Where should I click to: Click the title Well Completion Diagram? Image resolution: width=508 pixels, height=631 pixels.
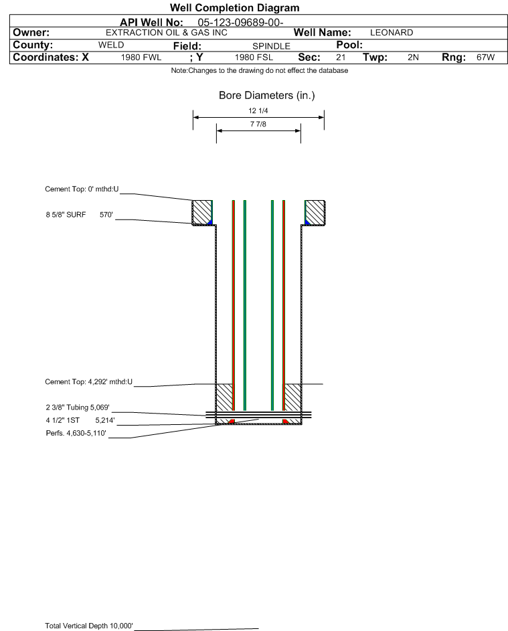235,7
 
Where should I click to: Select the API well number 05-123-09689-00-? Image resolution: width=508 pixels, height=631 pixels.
240,22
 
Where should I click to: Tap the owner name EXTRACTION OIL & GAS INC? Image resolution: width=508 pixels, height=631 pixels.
167,33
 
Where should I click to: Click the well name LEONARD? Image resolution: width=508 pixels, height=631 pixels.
392,33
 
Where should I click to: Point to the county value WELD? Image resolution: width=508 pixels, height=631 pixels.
111,45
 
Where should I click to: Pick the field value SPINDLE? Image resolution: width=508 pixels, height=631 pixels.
271,46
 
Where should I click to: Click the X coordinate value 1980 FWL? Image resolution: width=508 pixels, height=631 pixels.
141,58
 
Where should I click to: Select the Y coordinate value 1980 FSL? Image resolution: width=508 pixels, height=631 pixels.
254,58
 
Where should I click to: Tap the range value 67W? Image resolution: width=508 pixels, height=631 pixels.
485,58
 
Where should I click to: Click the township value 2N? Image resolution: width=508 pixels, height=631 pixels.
413,58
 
